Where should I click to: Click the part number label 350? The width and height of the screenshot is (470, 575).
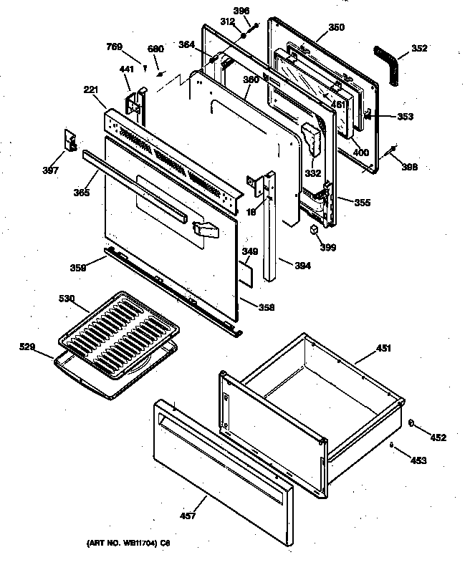336,28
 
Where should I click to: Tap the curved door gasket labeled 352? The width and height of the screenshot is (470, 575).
388,63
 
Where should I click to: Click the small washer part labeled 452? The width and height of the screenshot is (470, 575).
413,424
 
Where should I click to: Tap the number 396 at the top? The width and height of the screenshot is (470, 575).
241,11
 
